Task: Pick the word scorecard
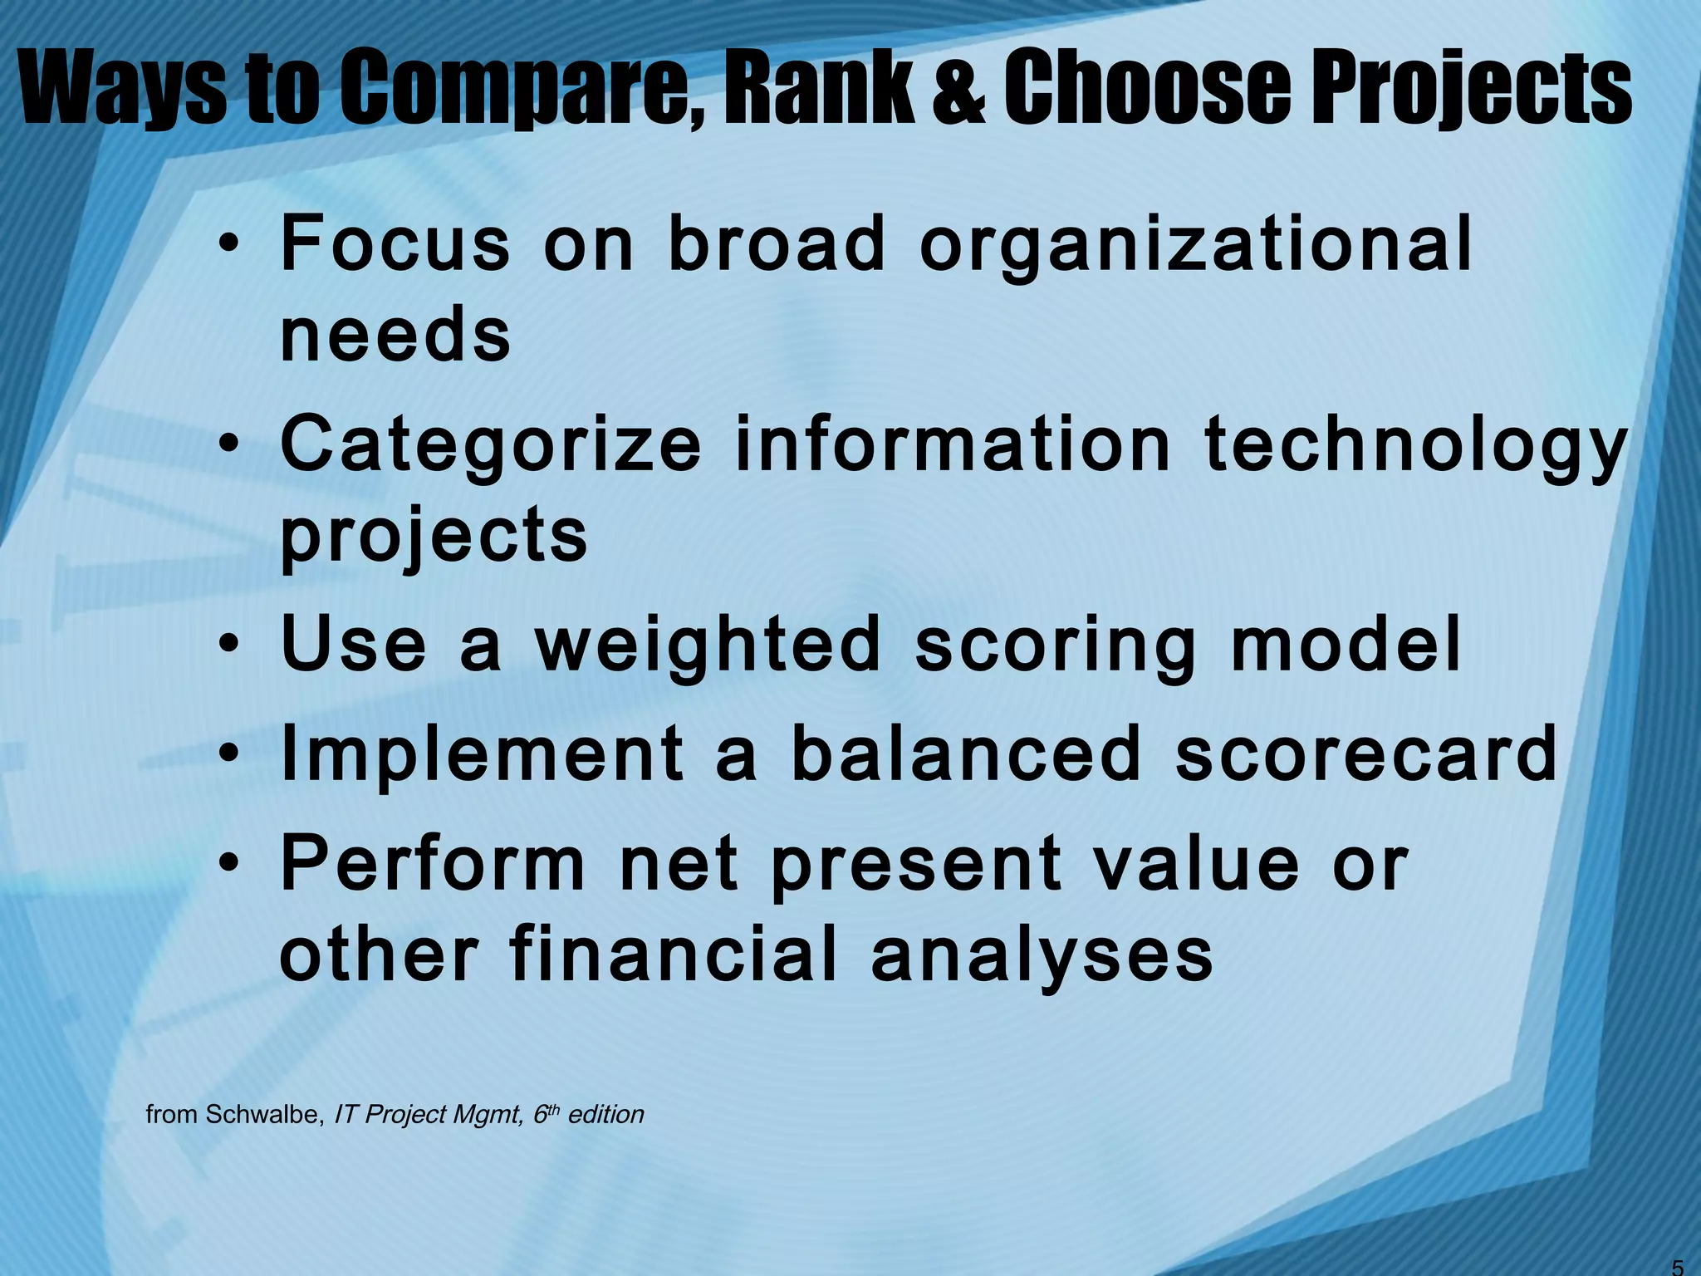(1365, 754)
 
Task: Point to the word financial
(673, 955)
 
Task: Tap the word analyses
(1042, 955)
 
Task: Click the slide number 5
(1677, 1267)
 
